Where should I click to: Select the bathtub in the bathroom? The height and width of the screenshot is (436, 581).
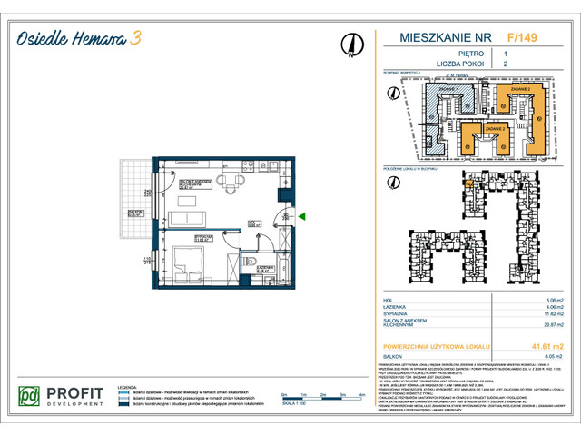pyautogui.click(x=279, y=265)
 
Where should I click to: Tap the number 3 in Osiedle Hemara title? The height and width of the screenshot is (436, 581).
pyautogui.click(x=135, y=37)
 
